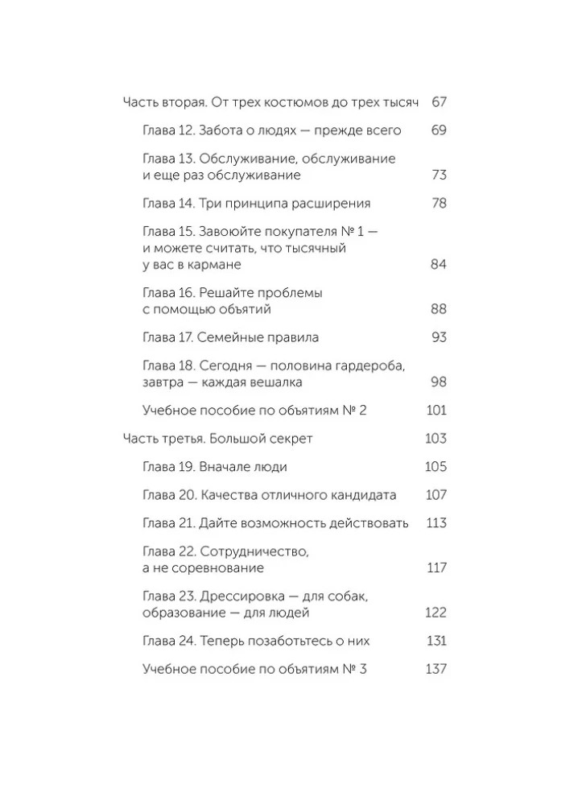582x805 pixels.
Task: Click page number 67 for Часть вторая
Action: (x=439, y=102)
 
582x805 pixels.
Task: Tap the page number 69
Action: (x=439, y=130)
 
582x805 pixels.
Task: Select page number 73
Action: (x=439, y=175)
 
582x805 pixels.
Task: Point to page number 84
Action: (x=439, y=264)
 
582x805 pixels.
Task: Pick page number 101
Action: (x=435, y=411)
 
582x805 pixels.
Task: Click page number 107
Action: (x=435, y=495)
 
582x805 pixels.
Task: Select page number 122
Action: (x=435, y=613)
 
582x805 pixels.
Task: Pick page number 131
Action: (x=435, y=641)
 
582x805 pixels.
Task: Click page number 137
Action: (x=435, y=669)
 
